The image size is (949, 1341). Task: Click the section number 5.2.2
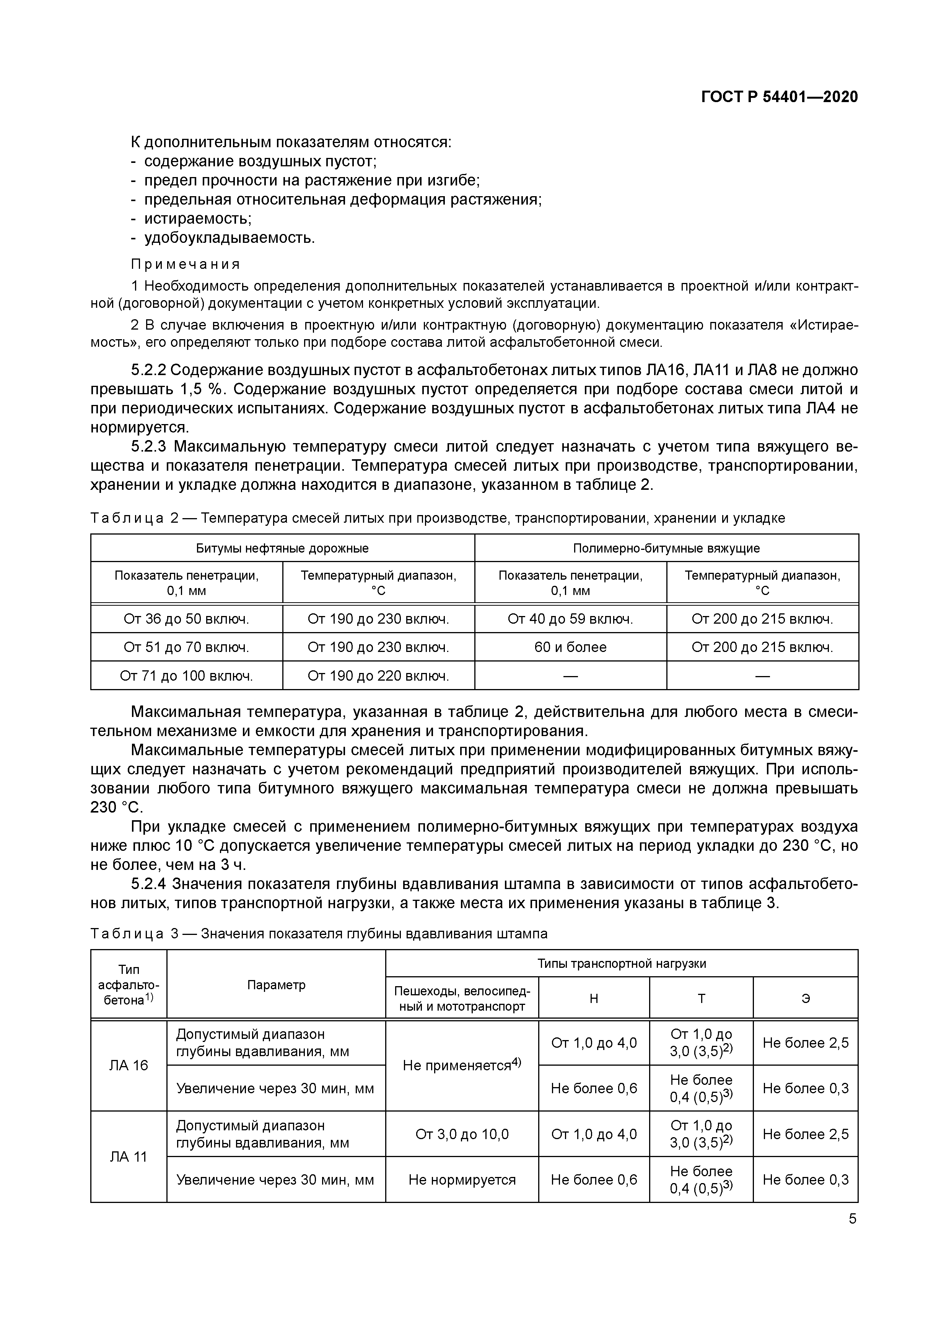[148, 370]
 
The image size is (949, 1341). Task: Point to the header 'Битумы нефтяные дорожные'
[282, 548]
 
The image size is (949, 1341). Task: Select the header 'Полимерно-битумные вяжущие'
[666, 548]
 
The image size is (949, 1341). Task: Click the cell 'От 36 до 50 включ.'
[186, 619]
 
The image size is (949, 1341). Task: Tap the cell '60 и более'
[570, 647]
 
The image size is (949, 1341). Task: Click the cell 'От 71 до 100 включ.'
[186, 676]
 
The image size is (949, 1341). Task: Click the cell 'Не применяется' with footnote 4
[462, 1065]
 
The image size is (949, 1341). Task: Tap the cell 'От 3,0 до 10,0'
[462, 1134]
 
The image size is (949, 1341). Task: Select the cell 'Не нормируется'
[462, 1180]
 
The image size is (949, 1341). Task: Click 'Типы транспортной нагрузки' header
[622, 964]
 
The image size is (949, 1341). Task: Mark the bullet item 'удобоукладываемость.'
[229, 238]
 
